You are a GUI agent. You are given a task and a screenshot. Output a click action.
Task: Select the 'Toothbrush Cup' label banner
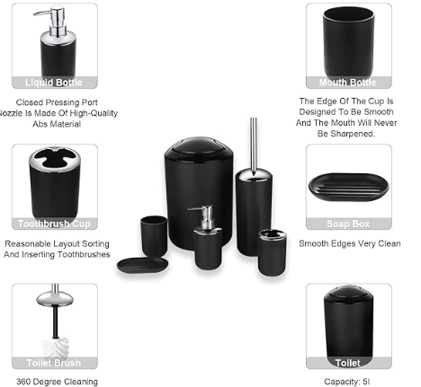[x=54, y=224]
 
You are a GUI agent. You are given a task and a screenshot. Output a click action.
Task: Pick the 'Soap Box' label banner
[x=349, y=224]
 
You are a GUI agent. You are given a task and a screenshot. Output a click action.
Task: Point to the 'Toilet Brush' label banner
[x=54, y=363]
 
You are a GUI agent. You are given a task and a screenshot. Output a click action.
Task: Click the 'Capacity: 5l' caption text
[x=348, y=382]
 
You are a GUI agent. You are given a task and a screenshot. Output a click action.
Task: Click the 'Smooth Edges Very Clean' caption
[x=349, y=242]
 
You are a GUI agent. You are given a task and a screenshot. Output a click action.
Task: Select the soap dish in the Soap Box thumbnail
[x=348, y=185]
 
